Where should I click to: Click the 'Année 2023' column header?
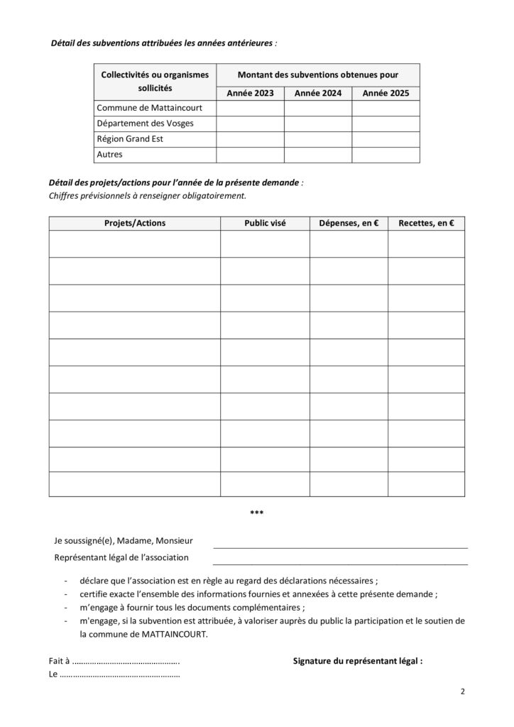tap(250, 93)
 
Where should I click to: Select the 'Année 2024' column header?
tap(318, 93)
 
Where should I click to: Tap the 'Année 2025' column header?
tap(385, 93)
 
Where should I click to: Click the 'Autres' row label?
tap(109, 155)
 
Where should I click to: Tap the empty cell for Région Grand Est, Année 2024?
tap(318, 139)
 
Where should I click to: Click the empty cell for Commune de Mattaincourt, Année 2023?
tap(250, 108)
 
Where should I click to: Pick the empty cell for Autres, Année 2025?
tap(385, 155)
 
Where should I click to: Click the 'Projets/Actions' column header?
tap(134, 223)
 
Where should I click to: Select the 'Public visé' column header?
tap(265, 223)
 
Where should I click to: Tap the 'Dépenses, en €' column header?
tap(348, 223)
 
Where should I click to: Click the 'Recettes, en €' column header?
tap(426, 223)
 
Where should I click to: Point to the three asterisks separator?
tap(257, 512)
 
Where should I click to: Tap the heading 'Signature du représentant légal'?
tap(358, 660)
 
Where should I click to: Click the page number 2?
tap(462, 691)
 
